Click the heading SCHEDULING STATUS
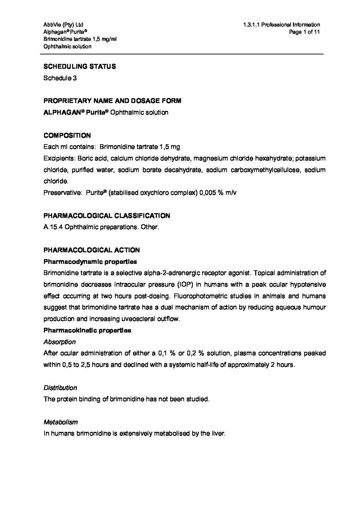tap(80, 67)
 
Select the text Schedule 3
tap(60, 78)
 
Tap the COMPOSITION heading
tap(67, 136)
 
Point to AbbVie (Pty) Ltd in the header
tap(63, 25)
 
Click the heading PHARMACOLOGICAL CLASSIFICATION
tap(107, 216)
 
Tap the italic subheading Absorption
tap(60, 342)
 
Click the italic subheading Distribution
tap(60, 388)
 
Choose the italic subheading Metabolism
tap(61, 422)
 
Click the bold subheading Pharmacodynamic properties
tap(90, 262)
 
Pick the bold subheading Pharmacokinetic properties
tap(87, 330)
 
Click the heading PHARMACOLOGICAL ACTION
tap(92, 250)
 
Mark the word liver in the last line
tap(218, 434)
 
